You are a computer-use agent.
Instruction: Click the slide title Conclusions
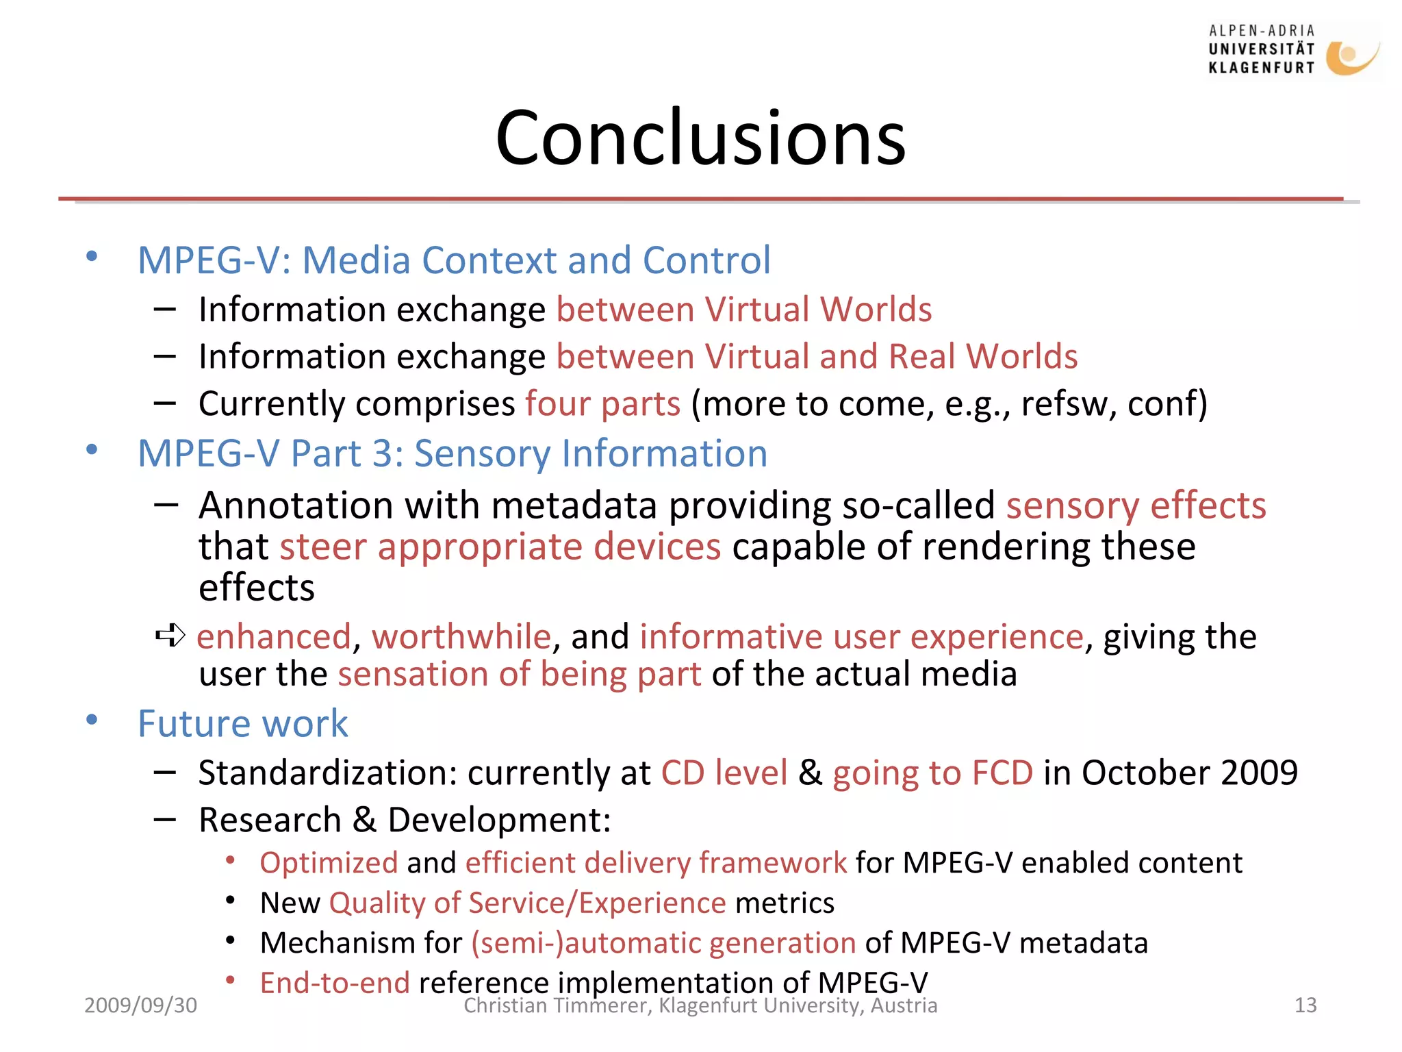click(700, 138)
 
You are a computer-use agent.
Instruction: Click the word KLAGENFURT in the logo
click(1261, 68)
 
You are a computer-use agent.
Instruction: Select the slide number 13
click(1305, 1005)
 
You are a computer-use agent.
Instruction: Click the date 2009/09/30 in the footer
click(140, 1005)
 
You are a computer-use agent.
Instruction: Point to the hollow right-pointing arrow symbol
click(170, 636)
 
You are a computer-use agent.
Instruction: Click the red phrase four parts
click(602, 404)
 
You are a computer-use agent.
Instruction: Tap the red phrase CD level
click(724, 773)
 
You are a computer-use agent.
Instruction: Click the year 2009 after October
click(1259, 773)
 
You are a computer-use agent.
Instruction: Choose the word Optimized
click(329, 863)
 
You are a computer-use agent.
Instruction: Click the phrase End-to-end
click(335, 984)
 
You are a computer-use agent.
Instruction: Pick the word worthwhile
click(461, 637)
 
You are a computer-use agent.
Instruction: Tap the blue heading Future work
click(242, 724)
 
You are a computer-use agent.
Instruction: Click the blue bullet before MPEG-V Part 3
click(92, 450)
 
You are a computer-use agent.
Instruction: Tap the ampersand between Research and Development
click(364, 820)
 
